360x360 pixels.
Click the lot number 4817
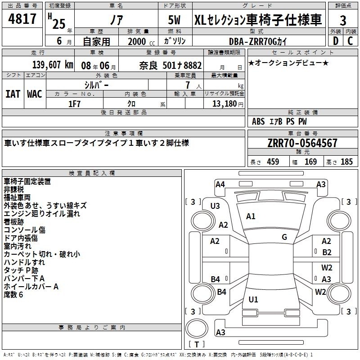click(22, 19)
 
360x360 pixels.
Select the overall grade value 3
click(343, 21)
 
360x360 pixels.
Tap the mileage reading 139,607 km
click(53, 65)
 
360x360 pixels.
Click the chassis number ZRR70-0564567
click(302, 143)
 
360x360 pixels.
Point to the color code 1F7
click(74, 104)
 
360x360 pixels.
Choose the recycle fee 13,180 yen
click(228, 104)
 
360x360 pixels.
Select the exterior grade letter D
click(336, 41)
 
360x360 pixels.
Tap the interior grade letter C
click(350, 41)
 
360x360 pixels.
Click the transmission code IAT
click(13, 94)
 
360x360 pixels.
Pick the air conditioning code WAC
click(35, 94)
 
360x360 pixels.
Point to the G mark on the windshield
click(284, 237)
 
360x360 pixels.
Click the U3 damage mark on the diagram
click(215, 206)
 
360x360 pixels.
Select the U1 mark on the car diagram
click(253, 299)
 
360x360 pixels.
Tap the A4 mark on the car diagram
click(220, 184)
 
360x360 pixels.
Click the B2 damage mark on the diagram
click(327, 252)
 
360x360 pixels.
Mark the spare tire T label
click(197, 344)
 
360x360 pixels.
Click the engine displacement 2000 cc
click(141, 41)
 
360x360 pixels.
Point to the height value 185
click(346, 162)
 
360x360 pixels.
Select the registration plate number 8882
click(193, 65)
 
